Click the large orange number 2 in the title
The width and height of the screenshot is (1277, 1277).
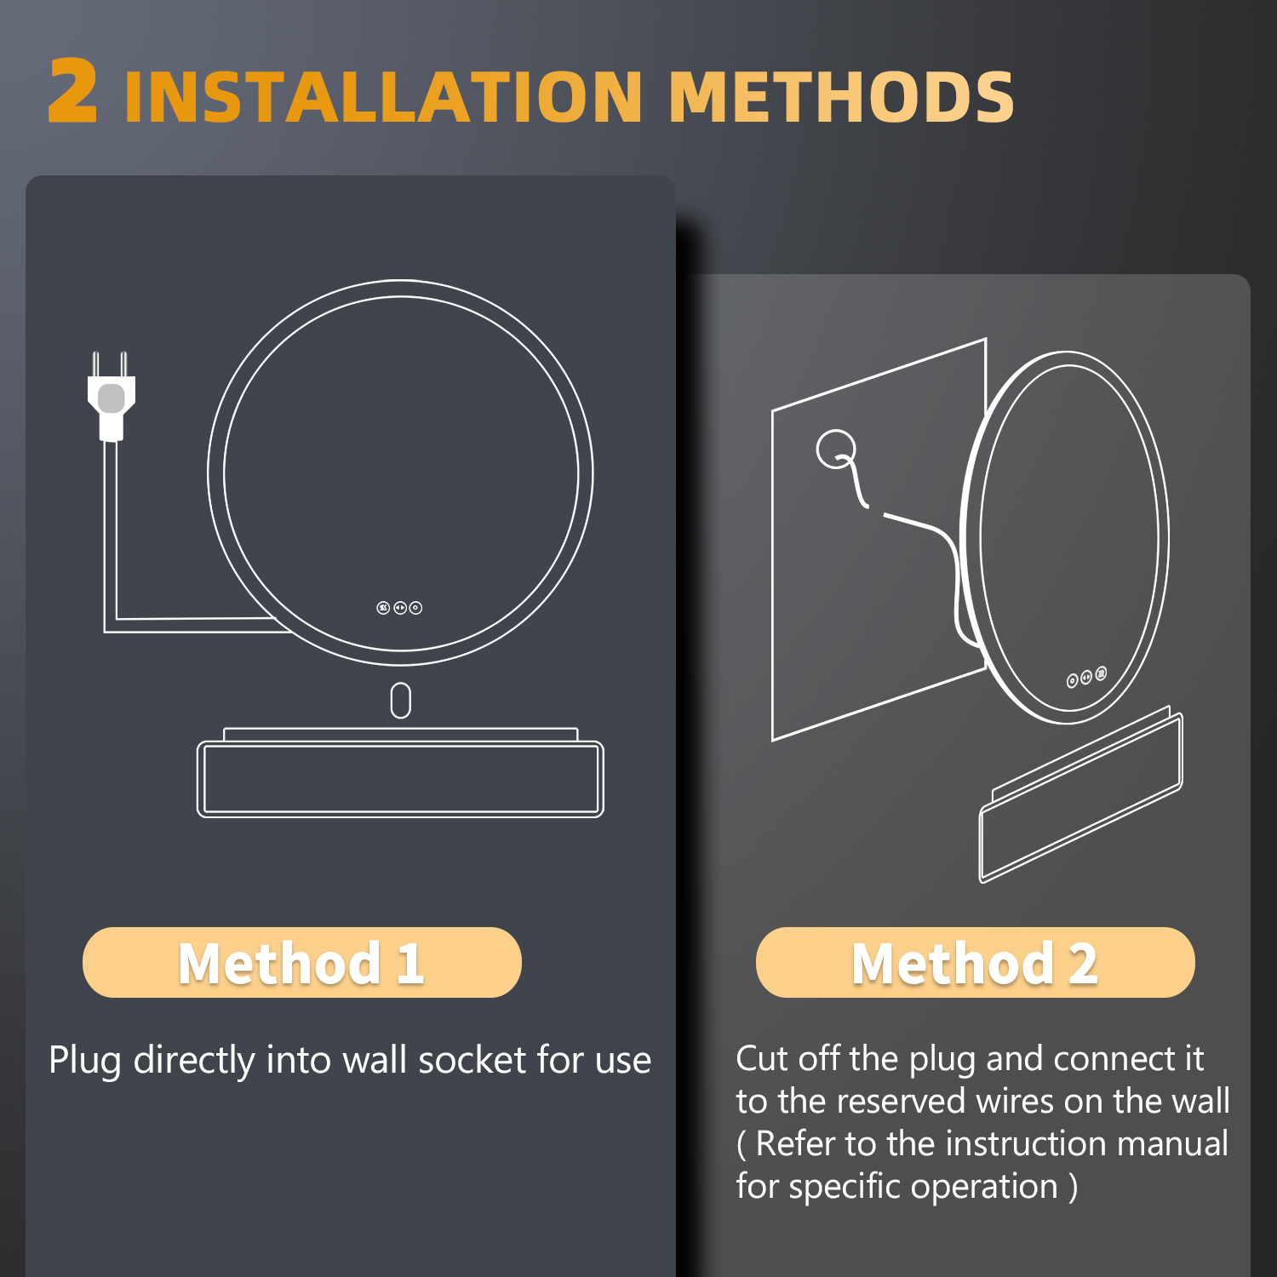click(72, 91)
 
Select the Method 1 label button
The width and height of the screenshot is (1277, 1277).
click(301, 963)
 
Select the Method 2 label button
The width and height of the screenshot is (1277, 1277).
click(975, 963)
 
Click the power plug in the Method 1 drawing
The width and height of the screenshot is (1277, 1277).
click(112, 396)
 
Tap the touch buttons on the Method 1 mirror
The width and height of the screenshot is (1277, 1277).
click(399, 608)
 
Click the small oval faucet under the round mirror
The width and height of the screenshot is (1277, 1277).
click(400, 701)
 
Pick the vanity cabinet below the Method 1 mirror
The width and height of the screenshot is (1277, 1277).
click(400, 773)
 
